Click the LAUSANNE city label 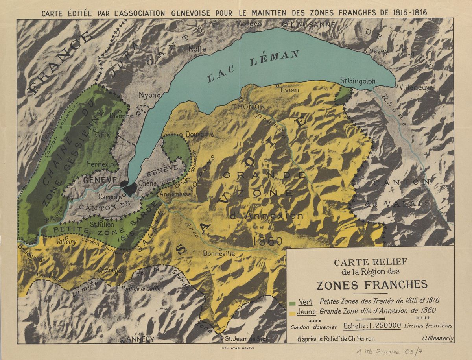[313, 24]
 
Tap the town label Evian [290, 90]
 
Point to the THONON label [249, 107]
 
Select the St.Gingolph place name [358, 81]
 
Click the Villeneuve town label [416, 88]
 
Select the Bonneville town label [219, 254]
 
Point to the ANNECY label [139, 339]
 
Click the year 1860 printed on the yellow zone [269, 241]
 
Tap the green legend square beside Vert [292, 303]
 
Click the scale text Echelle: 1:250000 [372, 326]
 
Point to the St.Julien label [102, 225]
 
